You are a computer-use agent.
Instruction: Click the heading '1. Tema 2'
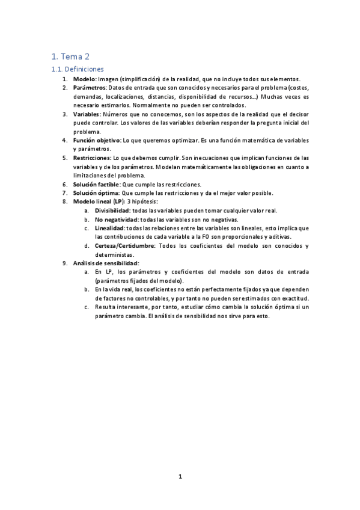point(70,57)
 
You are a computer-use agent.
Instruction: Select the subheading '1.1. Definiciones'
point(78,69)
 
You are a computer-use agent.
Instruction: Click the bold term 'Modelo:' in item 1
point(85,79)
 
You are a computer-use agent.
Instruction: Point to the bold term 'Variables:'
point(87,114)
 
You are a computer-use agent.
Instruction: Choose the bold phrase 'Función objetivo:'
point(97,140)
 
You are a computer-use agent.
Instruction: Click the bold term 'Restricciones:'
point(92,158)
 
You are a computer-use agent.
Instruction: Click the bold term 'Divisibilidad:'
point(112,210)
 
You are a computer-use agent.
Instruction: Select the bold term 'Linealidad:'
point(109,229)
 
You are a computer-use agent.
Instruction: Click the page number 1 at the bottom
point(180,477)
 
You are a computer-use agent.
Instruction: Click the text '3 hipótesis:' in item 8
point(144,201)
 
